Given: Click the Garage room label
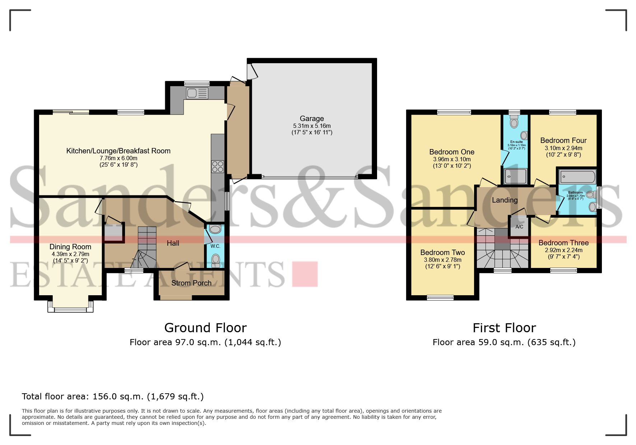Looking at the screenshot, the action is coord(312,119).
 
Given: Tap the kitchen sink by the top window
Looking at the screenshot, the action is coord(197,93).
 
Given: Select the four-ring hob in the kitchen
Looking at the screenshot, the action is coord(218,167).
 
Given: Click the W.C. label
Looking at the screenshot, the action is coord(215,246).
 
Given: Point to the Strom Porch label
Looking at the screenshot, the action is coord(191,283).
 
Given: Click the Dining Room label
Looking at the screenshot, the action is coord(70,247).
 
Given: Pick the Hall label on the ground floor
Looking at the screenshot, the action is coord(173,243).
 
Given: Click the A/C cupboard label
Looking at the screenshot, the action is coord(519,227).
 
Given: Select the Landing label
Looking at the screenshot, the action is coord(505,200).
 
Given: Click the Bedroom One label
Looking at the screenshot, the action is coord(452,152).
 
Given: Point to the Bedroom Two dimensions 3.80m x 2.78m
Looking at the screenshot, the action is coord(442,260).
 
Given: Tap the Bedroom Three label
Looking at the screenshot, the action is coord(563,243).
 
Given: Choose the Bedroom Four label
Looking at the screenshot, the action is coord(563,140).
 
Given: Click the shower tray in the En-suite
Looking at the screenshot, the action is coord(515,176).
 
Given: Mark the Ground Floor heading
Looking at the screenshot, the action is coord(205,328).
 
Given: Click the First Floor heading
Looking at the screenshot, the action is coord(504,328).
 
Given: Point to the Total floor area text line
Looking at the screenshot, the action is coord(113,397).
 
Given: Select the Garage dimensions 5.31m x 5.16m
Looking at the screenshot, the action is coord(312,126).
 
